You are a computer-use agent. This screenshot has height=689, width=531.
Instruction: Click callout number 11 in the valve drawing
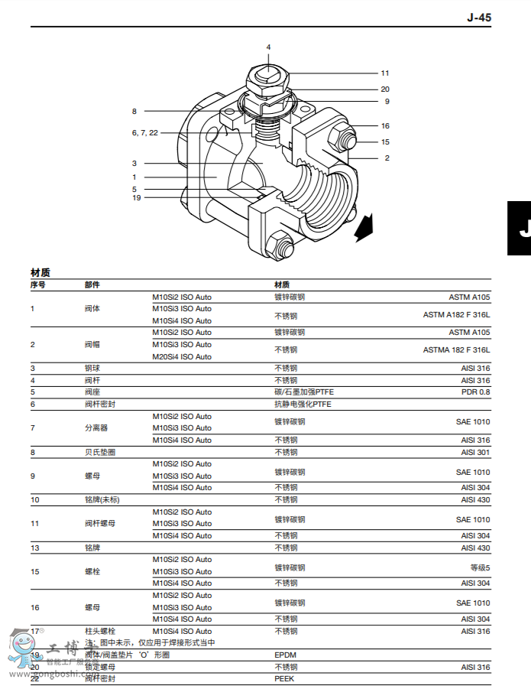[x=385, y=73]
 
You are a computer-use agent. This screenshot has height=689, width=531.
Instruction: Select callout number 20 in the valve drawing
[x=385, y=89]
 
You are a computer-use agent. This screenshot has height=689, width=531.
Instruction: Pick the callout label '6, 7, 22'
[x=144, y=132]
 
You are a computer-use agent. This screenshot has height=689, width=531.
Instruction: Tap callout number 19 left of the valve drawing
[x=137, y=197]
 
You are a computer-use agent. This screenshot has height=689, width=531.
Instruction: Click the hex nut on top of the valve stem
[x=268, y=77]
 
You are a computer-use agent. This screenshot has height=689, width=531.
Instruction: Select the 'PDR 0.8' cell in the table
[x=475, y=392]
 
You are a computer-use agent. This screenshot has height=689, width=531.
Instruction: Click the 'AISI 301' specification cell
[x=475, y=452]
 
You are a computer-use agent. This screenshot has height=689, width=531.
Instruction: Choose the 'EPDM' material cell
[x=285, y=655]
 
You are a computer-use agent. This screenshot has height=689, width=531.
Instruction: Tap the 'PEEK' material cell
[x=284, y=678]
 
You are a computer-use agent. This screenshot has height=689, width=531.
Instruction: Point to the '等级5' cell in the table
[x=480, y=567]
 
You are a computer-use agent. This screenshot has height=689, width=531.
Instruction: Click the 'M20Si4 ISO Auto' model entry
[x=182, y=356]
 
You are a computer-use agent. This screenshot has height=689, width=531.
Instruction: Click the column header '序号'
[x=38, y=284]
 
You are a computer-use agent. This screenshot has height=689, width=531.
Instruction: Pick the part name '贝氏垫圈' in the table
[x=99, y=452]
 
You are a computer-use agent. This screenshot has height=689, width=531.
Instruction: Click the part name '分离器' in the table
[x=96, y=428]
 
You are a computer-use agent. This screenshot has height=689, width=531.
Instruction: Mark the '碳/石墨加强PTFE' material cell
[x=304, y=392]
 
